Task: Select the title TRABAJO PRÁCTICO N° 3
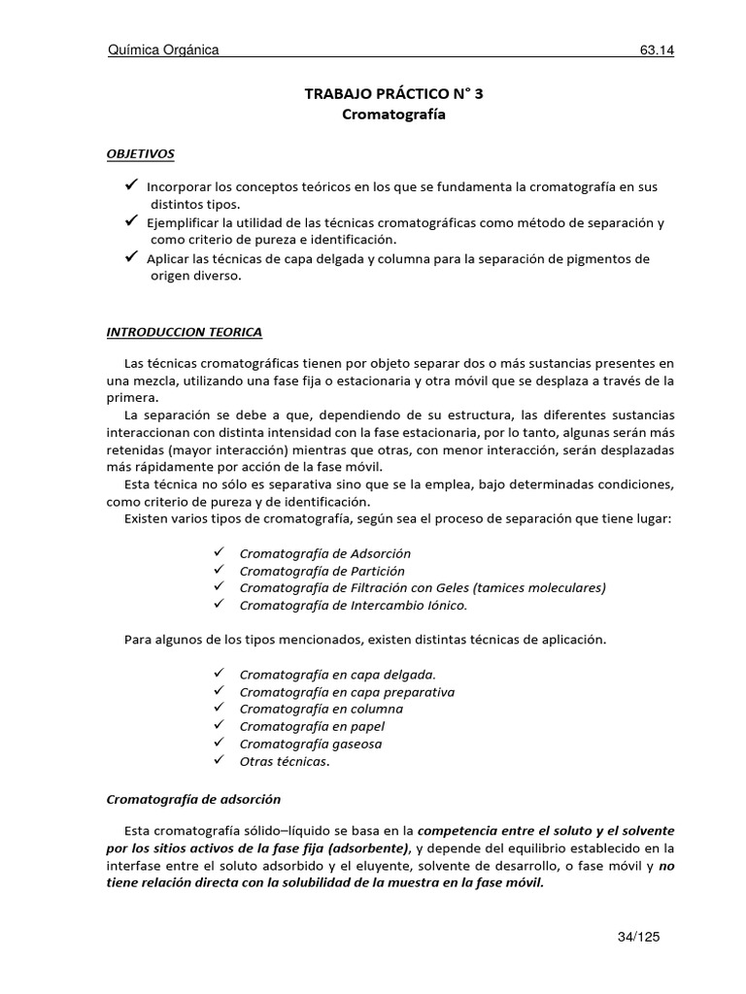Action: [x=381, y=94]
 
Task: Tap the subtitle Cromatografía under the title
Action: [x=381, y=115]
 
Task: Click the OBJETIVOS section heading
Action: [x=141, y=153]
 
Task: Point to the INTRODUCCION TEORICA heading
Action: [x=184, y=332]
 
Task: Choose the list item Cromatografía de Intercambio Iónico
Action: [x=353, y=605]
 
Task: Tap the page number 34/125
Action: [x=638, y=937]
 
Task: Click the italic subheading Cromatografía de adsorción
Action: [x=192, y=799]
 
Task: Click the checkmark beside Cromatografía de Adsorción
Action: [x=219, y=552]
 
